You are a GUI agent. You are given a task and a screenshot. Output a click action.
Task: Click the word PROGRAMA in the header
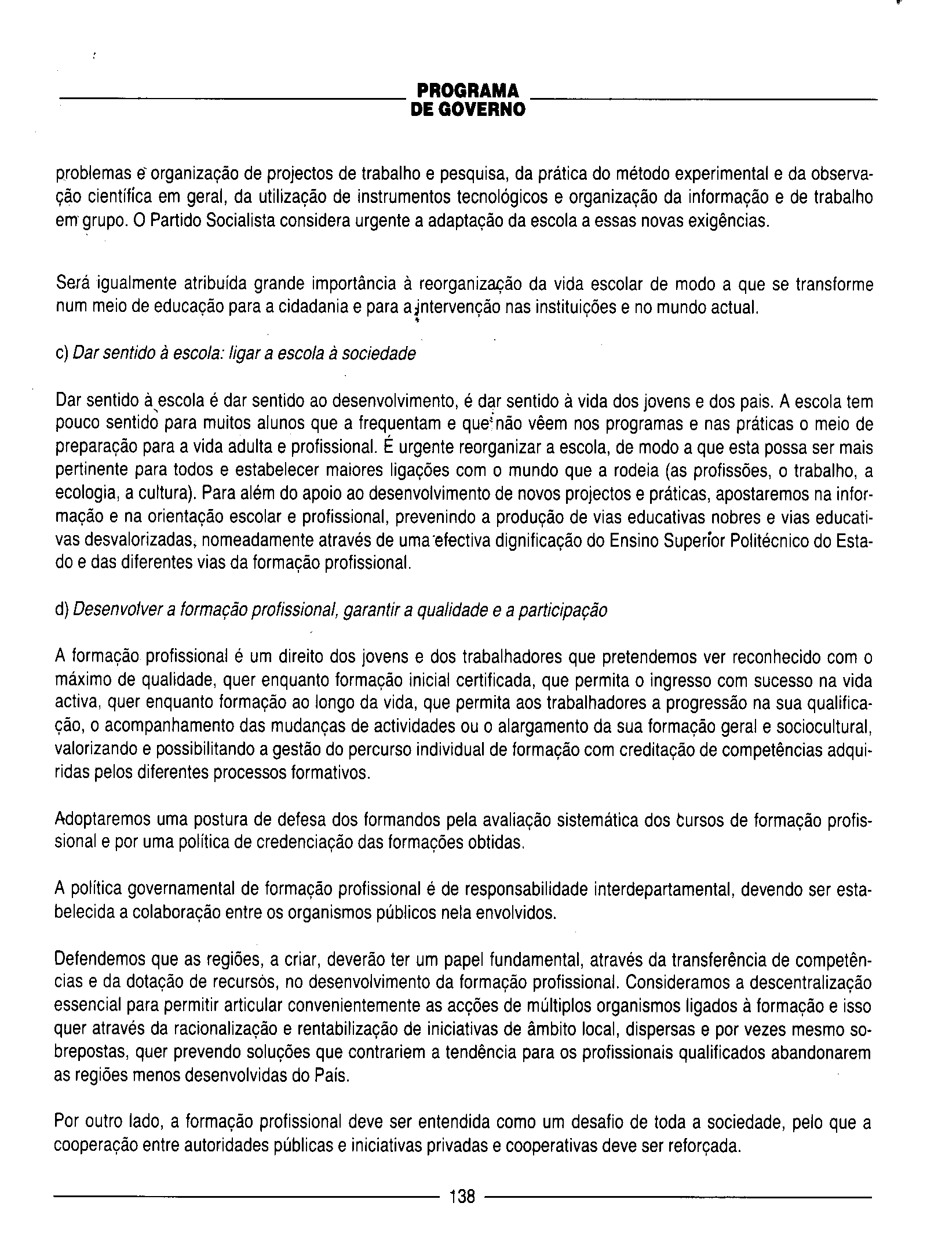tap(468, 90)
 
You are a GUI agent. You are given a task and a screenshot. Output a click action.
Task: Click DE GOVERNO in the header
tap(468, 110)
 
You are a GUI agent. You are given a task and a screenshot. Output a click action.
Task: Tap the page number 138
tap(462, 1195)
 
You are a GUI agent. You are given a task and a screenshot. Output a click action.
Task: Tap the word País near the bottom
tap(331, 1075)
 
